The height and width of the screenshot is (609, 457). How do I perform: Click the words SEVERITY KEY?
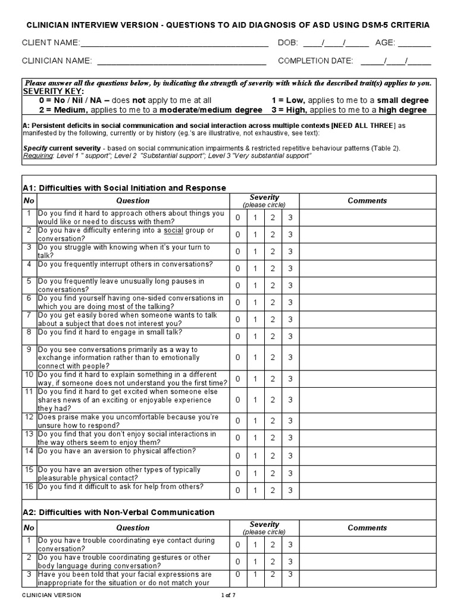[53, 92]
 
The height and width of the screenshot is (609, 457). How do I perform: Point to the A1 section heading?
[124, 188]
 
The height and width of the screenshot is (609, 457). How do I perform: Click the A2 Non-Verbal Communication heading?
[118, 512]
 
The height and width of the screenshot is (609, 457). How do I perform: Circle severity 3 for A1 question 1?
[290, 218]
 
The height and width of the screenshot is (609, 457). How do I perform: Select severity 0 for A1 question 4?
[237, 269]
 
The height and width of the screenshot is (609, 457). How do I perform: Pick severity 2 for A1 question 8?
[273, 337]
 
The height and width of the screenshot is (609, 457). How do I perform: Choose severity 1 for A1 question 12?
[255, 420]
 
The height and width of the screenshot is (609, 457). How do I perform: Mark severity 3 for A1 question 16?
[290, 490]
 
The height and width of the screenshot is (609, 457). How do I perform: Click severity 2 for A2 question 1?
[273, 545]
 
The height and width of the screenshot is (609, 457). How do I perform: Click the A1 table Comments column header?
[367, 201]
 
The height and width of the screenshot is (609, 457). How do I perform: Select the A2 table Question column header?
[133, 528]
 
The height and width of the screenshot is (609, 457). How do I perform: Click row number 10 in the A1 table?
[29, 375]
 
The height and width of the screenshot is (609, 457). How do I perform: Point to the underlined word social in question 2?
[173, 230]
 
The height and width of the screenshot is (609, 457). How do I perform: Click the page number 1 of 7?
[228, 595]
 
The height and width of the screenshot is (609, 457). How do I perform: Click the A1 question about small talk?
[109, 332]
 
